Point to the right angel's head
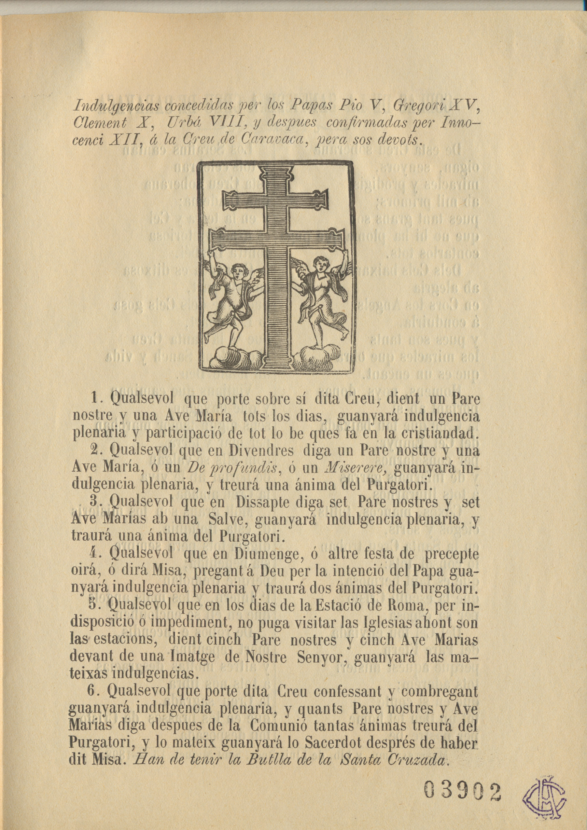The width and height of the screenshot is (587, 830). tap(320, 263)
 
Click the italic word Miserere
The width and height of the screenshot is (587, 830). tap(356, 468)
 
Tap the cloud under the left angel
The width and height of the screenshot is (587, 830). tap(231, 358)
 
